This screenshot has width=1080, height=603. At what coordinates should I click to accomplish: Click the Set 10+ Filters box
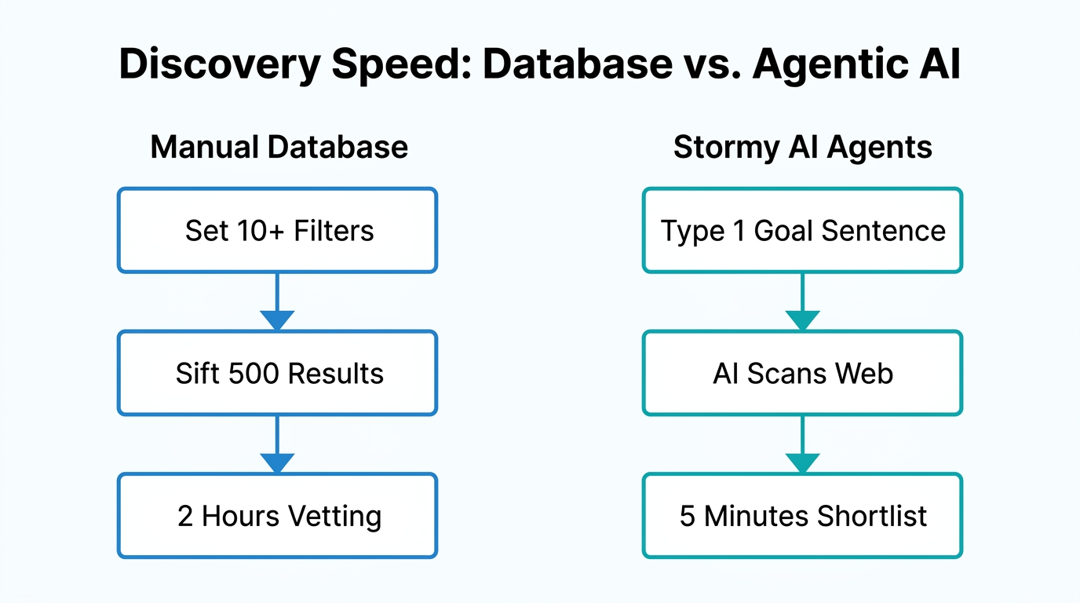coord(277,230)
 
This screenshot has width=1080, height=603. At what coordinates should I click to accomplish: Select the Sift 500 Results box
coord(277,373)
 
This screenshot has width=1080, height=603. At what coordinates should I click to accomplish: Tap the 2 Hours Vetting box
coord(277,516)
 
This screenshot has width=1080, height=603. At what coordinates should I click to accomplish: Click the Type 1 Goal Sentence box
coord(802,230)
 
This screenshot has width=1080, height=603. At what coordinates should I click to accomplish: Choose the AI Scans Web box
coord(802,373)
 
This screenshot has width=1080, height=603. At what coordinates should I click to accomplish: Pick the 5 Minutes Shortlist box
coord(802,516)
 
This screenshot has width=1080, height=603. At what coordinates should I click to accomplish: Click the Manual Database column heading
coord(279,147)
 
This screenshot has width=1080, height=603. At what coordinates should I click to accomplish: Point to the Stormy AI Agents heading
coord(802,147)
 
